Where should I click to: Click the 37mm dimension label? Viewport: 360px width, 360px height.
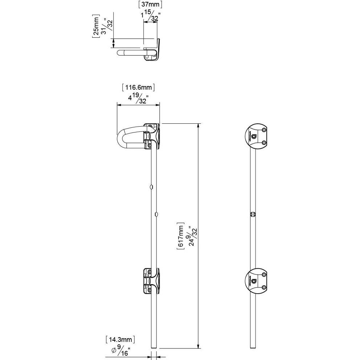[x=150, y=5]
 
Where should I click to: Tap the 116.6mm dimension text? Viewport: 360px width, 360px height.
[x=138, y=87]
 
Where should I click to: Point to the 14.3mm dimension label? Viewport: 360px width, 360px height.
[x=120, y=340]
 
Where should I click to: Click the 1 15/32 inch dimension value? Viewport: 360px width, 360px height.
[x=150, y=16]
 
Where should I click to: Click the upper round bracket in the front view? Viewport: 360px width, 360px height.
[x=257, y=136]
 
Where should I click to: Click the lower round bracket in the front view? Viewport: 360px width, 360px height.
[x=257, y=281]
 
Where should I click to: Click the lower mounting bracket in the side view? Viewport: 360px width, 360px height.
[x=151, y=281]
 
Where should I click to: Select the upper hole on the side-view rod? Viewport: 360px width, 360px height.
[x=151, y=187]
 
